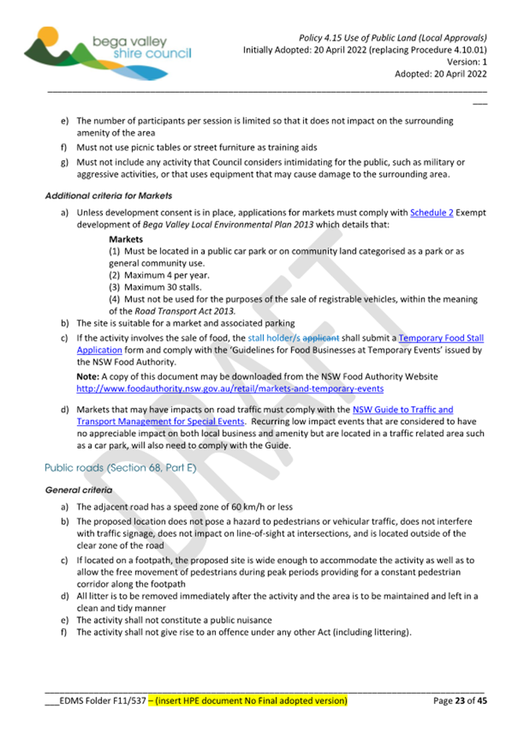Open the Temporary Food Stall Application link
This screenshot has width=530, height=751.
click(440, 339)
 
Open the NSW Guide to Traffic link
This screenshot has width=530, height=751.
click(402, 410)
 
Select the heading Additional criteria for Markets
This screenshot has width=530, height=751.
click(108, 195)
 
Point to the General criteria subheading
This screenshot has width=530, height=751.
click(79, 490)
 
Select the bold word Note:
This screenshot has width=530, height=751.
click(87, 376)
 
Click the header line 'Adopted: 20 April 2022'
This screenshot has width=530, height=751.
click(441, 74)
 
